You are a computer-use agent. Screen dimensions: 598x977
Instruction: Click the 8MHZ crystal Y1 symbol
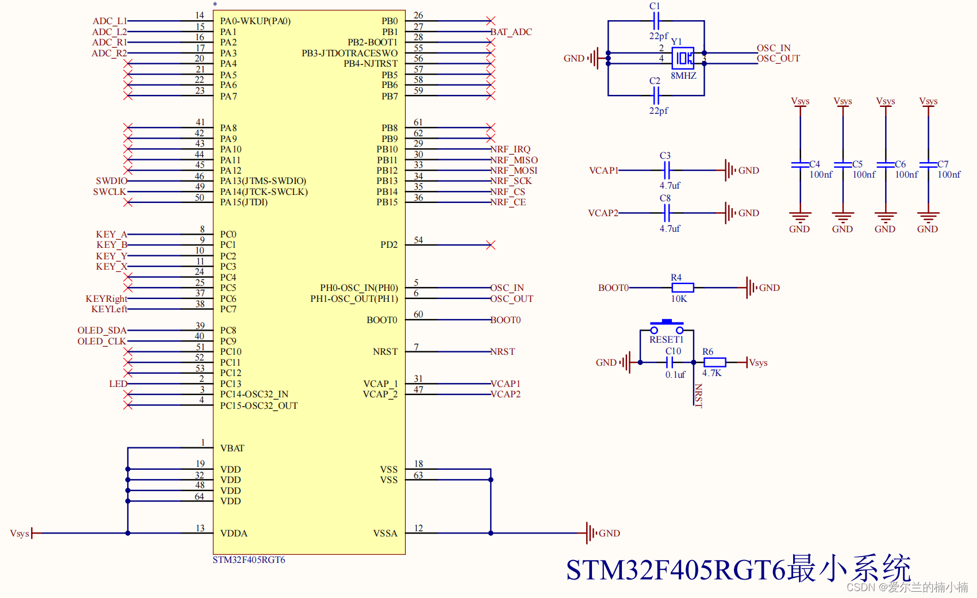683,58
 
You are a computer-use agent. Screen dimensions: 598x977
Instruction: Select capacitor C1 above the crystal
656,21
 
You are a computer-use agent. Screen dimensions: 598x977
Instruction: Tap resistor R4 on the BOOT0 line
682,287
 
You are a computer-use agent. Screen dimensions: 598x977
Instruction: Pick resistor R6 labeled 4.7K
714,362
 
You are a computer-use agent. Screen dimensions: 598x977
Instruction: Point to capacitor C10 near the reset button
669,362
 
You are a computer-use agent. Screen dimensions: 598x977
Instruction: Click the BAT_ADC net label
511,32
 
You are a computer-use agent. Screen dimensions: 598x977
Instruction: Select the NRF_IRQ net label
510,149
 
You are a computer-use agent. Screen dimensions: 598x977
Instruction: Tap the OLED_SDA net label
102,331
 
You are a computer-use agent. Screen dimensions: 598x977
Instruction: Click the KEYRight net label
106,299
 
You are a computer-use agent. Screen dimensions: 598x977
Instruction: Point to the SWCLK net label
109,192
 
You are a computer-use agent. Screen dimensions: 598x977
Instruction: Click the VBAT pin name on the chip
232,448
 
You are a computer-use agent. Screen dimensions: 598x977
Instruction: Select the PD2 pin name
389,245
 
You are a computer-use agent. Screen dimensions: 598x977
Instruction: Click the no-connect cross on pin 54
490,245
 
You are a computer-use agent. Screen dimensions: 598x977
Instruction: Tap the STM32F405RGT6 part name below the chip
249,560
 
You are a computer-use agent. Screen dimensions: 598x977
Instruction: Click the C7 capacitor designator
943,164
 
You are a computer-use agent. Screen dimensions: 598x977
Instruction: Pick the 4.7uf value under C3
670,186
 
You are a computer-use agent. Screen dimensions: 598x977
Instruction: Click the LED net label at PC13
118,384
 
